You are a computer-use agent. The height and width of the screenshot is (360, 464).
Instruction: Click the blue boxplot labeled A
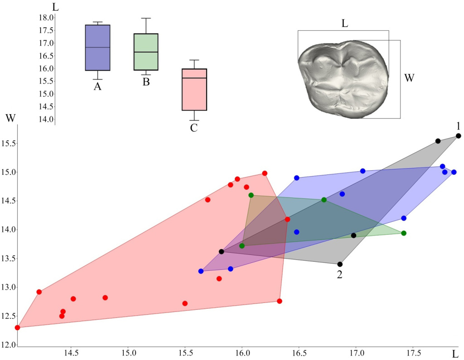click(98, 48)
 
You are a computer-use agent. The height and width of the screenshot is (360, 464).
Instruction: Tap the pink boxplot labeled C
click(194, 89)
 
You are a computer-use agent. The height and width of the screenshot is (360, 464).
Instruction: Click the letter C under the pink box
click(194, 128)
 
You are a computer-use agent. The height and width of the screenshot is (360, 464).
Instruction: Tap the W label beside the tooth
click(409, 78)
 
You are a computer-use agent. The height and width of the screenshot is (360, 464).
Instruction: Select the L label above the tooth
click(345, 24)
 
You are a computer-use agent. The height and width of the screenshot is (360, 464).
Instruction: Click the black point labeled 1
click(459, 136)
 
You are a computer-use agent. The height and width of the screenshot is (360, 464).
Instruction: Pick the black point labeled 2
click(340, 264)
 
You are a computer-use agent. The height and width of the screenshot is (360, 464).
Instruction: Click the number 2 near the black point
click(339, 275)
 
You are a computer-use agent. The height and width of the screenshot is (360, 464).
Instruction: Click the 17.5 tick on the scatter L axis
click(413, 351)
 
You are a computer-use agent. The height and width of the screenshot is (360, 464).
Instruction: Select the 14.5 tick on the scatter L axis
click(71, 351)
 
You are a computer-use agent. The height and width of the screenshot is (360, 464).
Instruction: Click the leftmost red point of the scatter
click(17, 327)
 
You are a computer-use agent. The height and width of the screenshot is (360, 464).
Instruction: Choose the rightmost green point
click(404, 233)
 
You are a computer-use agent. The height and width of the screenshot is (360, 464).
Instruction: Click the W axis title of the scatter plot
click(10, 119)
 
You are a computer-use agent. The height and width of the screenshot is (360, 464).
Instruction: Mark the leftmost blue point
click(201, 271)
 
